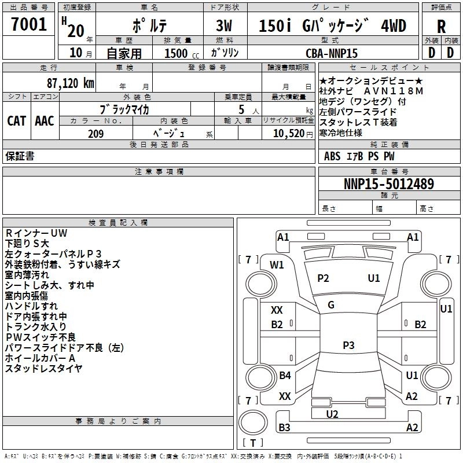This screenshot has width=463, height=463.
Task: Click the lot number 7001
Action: tap(29, 24)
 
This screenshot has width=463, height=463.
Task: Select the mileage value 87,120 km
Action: tap(71, 83)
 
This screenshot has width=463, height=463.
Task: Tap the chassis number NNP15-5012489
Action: tap(389, 183)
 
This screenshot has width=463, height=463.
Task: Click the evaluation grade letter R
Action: tap(441, 27)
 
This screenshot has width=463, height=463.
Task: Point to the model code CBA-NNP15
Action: tap(332, 53)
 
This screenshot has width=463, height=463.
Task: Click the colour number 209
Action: tap(95, 134)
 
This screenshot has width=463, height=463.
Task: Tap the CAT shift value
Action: tap(17, 121)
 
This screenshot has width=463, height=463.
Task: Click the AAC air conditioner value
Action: tap(45, 121)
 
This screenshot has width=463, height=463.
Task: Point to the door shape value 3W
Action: tap(224, 26)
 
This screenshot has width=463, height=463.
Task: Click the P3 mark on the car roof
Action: tap(348, 345)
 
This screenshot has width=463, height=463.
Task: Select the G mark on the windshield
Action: tap(331, 305)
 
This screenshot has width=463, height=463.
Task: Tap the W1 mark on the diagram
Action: tap(277, 265)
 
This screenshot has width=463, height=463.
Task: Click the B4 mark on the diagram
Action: tap(285, 375)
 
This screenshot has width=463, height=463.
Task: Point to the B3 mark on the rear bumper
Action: tap(284, 427)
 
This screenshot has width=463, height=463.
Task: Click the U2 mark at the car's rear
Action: tap(332, 414)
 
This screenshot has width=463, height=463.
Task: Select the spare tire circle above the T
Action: tap(253, 422)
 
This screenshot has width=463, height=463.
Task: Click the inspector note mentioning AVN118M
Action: tap(371, 91)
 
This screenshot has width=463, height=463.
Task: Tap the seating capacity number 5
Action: tap(241, 109)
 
